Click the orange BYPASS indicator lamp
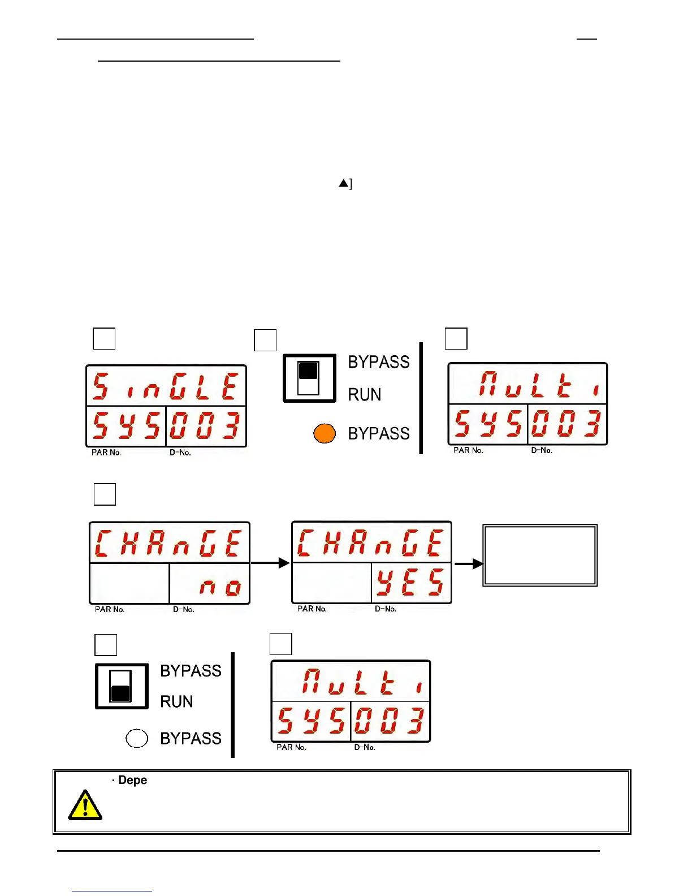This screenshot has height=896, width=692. click(325, 433)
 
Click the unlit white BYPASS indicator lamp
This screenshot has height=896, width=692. click(137, 738)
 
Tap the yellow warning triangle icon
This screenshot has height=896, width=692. click(85, 805)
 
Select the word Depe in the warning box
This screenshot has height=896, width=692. click(133, 780)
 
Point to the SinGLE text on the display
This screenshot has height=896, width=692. click(166, 387)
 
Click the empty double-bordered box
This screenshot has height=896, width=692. click(540, 555)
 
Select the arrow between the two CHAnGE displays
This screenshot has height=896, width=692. click(270, 563)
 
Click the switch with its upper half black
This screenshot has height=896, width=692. click(309, 378)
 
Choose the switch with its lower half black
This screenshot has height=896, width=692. click(122, 686)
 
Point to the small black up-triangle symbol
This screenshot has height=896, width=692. click(343, 183)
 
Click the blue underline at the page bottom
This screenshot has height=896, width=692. click(112, 891)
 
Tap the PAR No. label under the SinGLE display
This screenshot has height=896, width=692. click(106, 453)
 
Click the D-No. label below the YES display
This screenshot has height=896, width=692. click(386, 609)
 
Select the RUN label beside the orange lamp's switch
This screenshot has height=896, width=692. click(365, 394)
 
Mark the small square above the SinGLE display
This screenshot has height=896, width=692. click(104, 339)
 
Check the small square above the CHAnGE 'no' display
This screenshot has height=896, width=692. click(105, 494)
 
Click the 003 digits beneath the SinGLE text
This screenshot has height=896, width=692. click(205, 425)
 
